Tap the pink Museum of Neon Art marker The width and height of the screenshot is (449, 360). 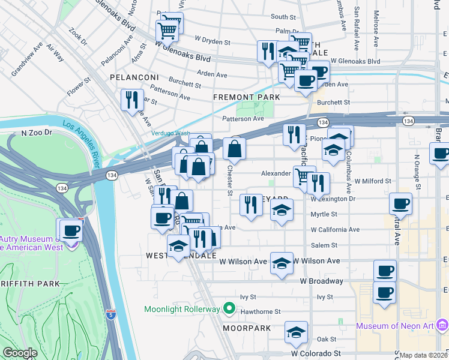442,326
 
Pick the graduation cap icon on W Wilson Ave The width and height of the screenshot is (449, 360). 282,263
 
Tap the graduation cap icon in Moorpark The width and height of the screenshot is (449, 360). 296,332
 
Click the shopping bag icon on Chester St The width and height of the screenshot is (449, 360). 235,149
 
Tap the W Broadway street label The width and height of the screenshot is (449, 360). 322,281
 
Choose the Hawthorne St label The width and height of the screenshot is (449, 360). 261,311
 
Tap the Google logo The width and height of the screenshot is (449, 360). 20,353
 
